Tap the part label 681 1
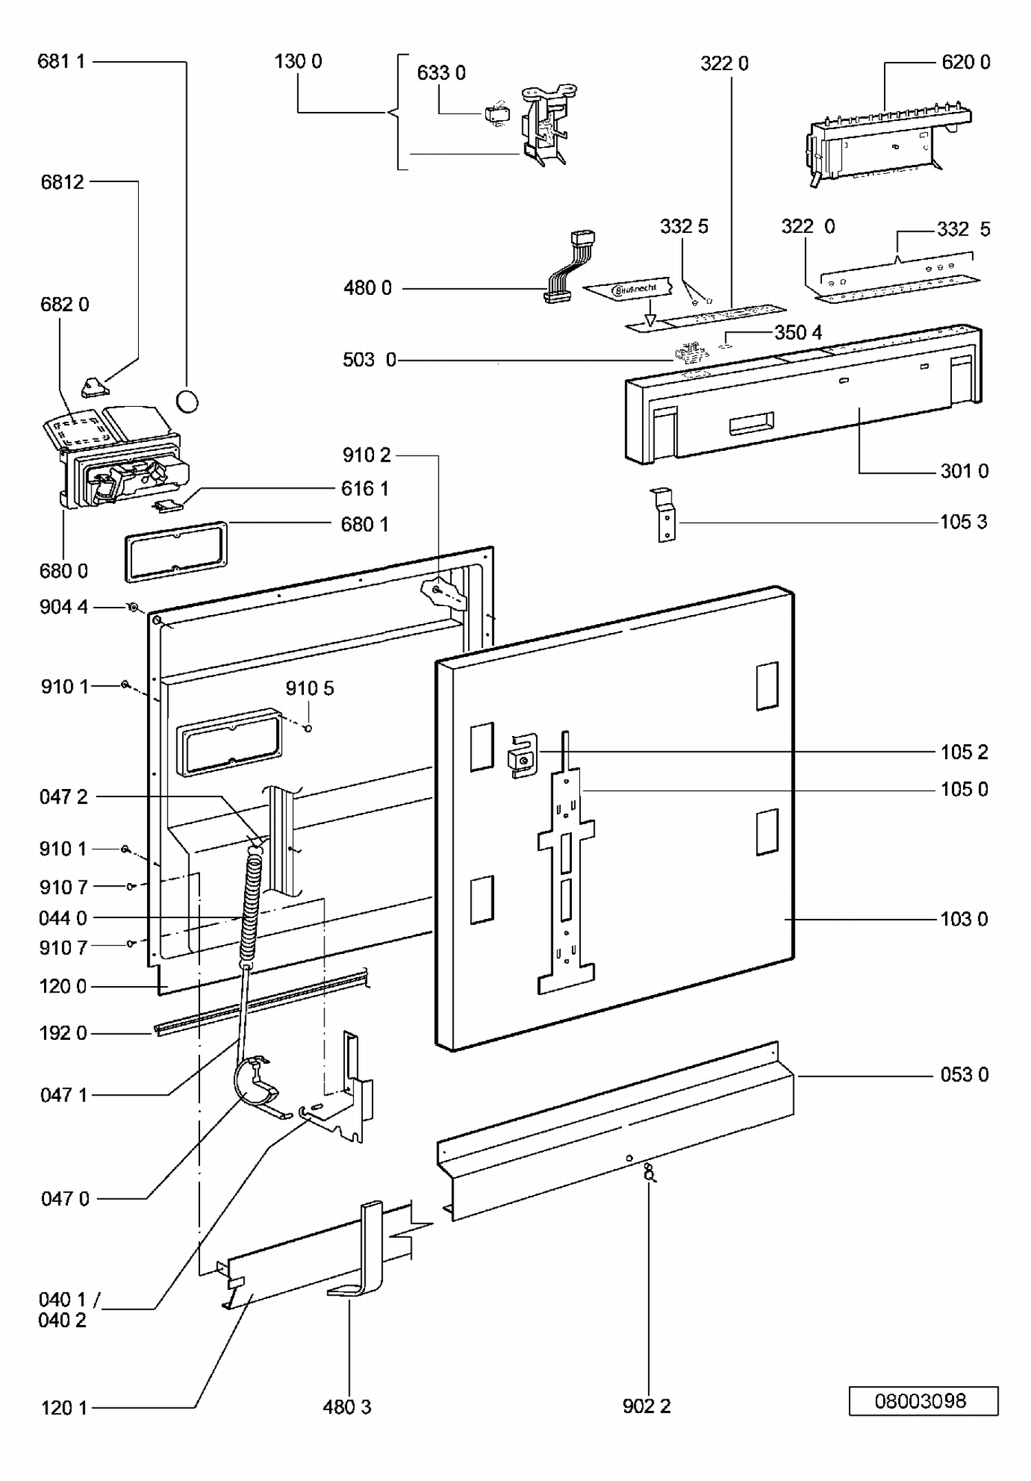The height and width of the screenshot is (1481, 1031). click(61, 62)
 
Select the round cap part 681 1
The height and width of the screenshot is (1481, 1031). click(187, 401)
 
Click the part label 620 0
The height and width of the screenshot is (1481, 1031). click(966, 63)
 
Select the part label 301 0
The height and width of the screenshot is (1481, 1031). click(964, 471)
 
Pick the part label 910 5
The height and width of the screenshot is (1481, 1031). click(310, 689)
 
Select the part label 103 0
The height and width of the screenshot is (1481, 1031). click(964, 920)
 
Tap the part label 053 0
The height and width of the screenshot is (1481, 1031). click(964, 1075)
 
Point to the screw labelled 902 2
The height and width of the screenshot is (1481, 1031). click(648, 1171)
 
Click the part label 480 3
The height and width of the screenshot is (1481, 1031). click(347, 1407)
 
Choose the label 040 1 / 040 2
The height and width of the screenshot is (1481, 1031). click(67, 1310)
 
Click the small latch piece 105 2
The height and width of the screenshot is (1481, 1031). click(522, 755)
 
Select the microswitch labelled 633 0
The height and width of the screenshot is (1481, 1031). click(496, 114)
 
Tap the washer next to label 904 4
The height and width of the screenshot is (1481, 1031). click(133, 608)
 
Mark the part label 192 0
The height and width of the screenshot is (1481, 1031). click(63, 1034)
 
